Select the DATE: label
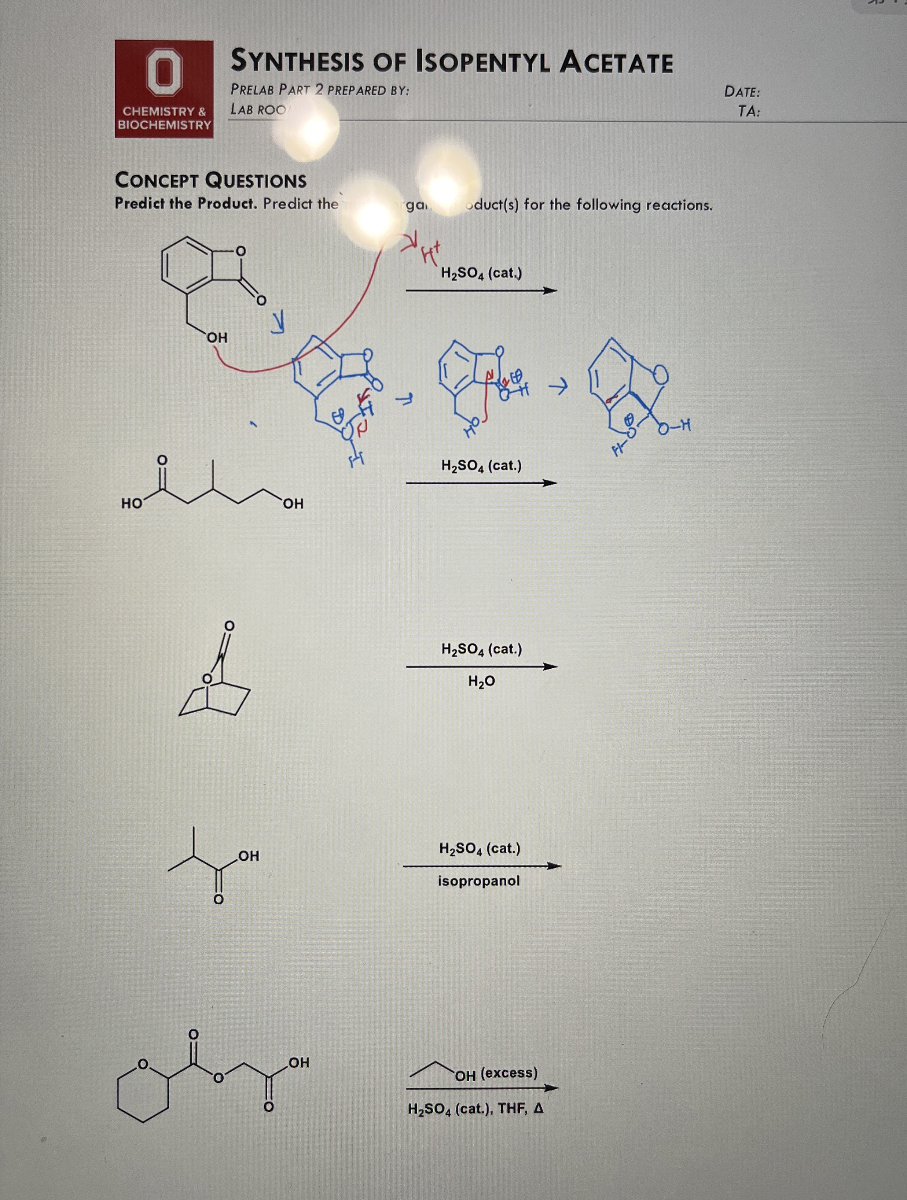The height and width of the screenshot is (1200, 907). pos(741,92)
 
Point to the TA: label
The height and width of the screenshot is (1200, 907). pos(749,112)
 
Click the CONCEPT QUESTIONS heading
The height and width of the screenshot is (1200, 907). pos(210,180)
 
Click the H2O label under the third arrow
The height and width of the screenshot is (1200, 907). pos(481,682)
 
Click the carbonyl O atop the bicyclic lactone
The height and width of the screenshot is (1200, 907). pos(229,625)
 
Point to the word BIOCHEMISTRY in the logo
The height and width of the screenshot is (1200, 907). pos(165,125)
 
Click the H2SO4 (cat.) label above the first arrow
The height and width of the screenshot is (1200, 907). pos(481,273)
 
